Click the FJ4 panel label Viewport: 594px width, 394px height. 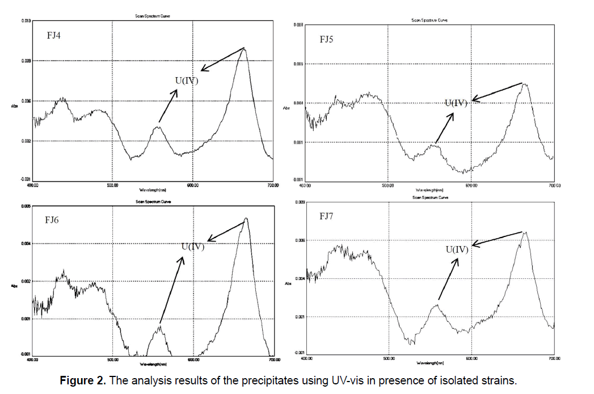click(54, 36)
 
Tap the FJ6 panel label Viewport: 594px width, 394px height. click(52, 220)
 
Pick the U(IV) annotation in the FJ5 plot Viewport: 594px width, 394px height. click(456, 103)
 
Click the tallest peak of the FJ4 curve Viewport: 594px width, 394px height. click(245, 48)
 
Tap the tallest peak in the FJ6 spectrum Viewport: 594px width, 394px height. click(246, 218)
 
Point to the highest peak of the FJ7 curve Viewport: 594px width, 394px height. click(525, 232)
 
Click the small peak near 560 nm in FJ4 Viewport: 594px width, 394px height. click(158, 126)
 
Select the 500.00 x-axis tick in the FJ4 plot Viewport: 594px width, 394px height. click(112, 185)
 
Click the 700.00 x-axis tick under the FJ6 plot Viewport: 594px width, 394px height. click(273, 359)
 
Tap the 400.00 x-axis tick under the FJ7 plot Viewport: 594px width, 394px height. click(307, 358)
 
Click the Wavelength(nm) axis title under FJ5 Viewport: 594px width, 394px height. click(429, 190)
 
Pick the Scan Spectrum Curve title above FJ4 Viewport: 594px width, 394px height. click(152, 16)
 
